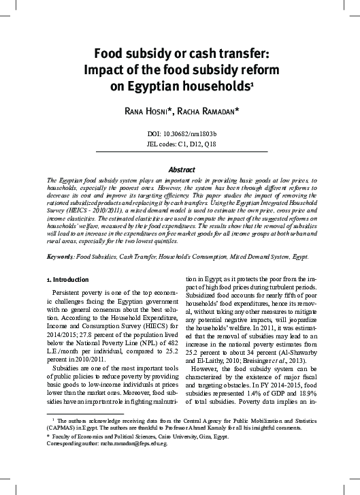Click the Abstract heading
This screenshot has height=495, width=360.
[x=180, y=165]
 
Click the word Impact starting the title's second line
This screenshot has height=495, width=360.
[x=103, y=69]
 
